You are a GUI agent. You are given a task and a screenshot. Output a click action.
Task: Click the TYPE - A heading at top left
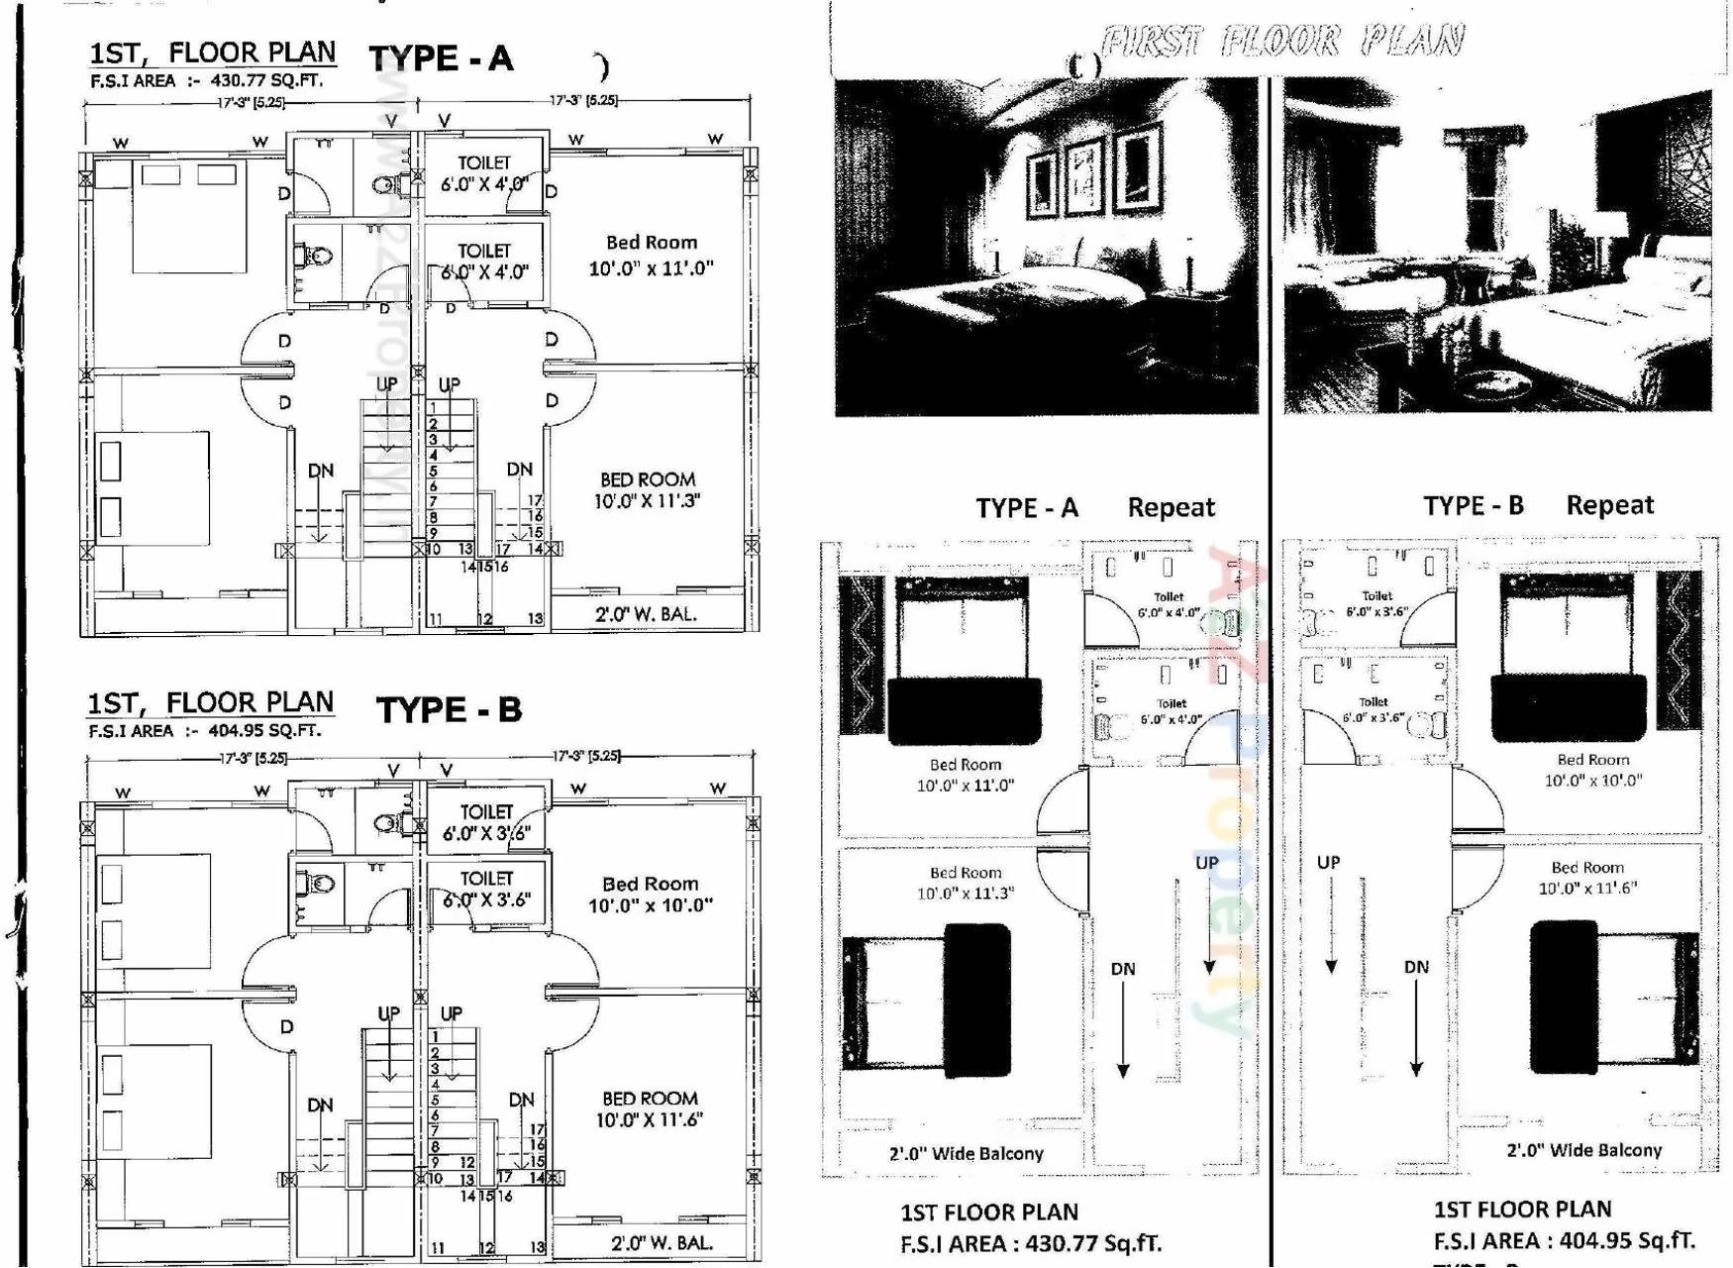[x=441, y=58]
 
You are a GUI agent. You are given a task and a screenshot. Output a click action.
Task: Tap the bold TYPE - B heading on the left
[x=449, y=710]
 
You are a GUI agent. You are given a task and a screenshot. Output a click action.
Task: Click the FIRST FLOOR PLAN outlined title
[x=1281, y=42]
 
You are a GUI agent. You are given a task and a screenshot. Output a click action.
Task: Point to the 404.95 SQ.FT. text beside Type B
[x=264, y=731]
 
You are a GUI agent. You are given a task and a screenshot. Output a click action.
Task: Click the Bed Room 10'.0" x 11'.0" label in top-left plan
[x=651, y=256]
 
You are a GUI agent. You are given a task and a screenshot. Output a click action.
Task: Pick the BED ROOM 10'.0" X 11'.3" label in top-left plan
[x=647, y=490]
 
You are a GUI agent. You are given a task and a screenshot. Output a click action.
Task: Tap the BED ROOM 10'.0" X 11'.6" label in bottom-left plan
[x=650, y=1109]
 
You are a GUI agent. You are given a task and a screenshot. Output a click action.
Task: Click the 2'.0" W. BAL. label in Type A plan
[x=646, y=614]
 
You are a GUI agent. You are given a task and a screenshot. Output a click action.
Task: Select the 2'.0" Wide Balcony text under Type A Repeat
[x=966, y=1153]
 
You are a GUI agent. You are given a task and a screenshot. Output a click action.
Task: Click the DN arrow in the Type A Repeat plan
[x=1123, y=1020]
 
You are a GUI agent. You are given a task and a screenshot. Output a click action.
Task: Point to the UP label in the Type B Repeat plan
[x=1329, y=863]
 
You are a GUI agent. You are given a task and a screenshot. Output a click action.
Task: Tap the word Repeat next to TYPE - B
[x=1609, y=505]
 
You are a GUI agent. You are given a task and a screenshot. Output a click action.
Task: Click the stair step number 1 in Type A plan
[x=433, y=407]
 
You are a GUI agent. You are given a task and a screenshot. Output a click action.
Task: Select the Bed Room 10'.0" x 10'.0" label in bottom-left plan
[x=650, y=895]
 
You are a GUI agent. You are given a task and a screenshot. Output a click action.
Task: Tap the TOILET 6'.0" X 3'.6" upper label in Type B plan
[x=486, y=823]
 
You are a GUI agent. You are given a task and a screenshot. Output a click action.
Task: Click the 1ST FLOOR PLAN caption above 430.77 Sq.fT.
[x=988, y=1213]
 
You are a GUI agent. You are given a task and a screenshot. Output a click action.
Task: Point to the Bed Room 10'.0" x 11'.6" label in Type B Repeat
[x=1587, y=878]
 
